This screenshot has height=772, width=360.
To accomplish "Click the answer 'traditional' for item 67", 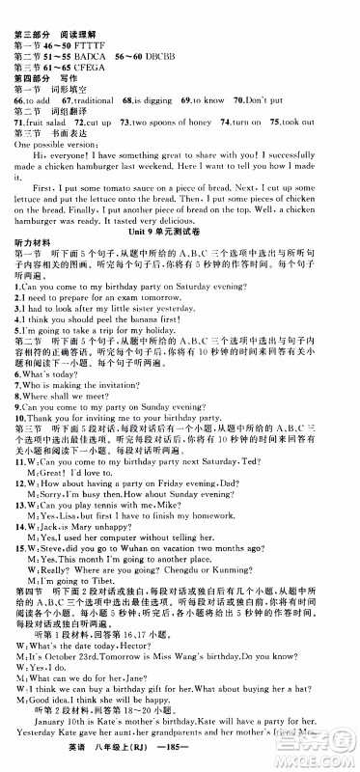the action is pyautogui.click(x=105, y=98).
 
